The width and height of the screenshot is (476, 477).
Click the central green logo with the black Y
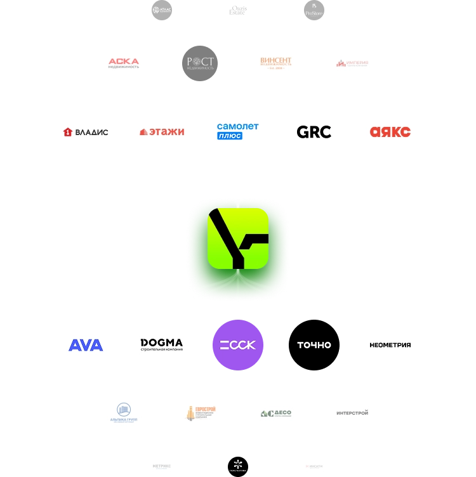tap(238, 237)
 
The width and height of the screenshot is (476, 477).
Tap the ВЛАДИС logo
tap(86, 132)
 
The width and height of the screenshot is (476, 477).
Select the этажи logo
tap(162, 132)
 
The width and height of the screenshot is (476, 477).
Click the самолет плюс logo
tap(238, 131)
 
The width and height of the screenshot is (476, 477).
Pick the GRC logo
tap(314, 132)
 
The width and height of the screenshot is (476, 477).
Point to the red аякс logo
tap(390, 132)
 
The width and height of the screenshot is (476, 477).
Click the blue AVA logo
tap(86, 345)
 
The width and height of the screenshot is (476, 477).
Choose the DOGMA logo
tap(162, 345)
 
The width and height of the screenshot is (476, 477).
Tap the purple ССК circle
tap(238, 345)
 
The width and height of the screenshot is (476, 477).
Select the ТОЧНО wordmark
tap(314, 345)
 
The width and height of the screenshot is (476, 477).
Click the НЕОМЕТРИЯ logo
tap(390, 345)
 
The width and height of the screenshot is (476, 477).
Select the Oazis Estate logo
tap(238, 11)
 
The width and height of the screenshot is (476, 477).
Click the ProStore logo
tap(314, 11)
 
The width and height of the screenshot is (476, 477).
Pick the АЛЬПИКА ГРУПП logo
tap(124, 414)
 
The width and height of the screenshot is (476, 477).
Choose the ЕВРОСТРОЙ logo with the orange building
tap(200, 414)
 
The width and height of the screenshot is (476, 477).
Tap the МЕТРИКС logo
tap(162, 466)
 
